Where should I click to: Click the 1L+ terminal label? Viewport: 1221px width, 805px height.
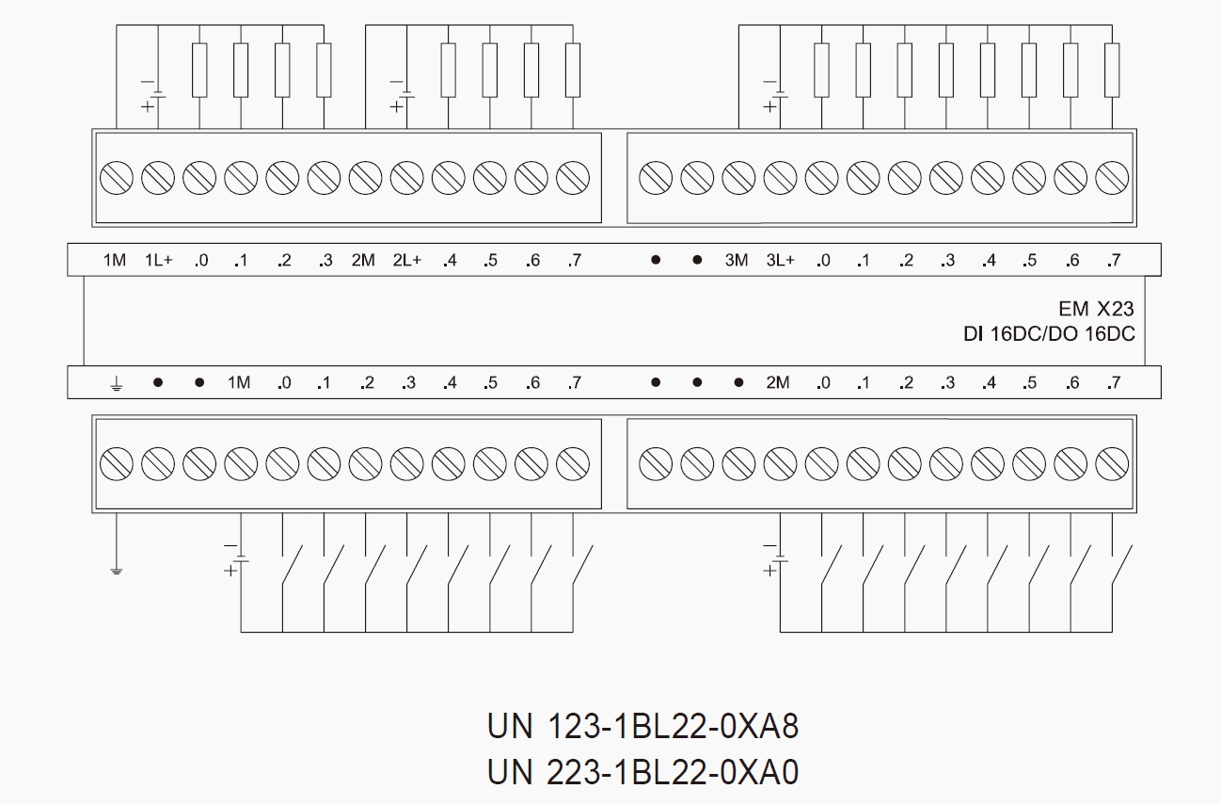(158, 261)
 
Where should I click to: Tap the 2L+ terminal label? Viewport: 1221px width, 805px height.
(406, 261)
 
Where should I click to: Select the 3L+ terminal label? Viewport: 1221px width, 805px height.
(780, 261)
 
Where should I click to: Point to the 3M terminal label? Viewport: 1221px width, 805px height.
(737, 261)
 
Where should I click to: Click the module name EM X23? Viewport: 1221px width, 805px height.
(1096, 308)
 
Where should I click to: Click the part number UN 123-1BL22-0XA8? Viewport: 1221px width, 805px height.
(642, 727)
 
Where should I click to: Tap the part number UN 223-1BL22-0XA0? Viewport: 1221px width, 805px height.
(642, 772)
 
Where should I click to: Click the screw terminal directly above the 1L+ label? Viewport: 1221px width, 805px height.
(158, 177)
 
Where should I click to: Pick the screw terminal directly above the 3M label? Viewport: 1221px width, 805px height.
(738, 177)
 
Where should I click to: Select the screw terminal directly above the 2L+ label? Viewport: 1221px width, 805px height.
(406, 177)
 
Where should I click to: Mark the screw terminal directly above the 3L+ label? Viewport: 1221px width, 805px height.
(780, 177)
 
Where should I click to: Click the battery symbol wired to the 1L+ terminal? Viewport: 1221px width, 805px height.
(156, 94)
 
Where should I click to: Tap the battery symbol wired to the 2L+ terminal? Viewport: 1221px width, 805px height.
(404, 94)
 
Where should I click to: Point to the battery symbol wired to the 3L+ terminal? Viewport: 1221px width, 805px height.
(778, 94)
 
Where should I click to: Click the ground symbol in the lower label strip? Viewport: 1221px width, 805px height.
(116, 383)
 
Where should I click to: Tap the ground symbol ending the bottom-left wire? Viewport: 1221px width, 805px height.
(116, 570)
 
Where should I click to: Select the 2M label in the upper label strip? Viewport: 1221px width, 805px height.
(363, 261)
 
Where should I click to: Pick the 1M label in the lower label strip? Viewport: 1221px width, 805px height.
(239, 383)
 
